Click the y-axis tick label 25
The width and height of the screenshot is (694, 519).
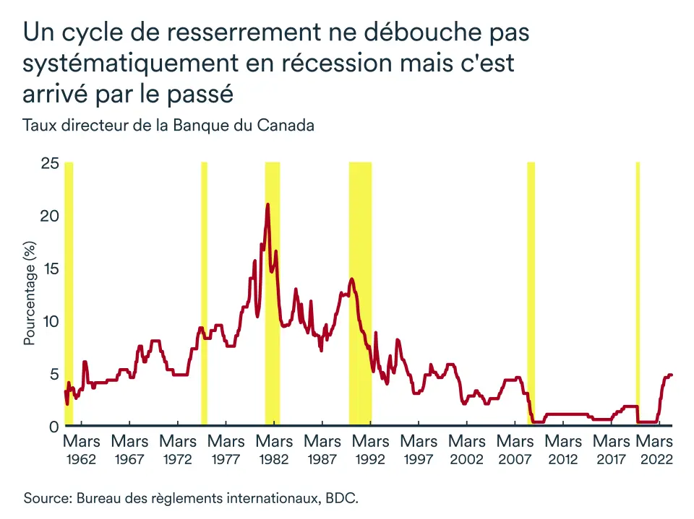(49, 163)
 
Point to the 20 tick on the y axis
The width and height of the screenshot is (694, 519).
(49, 216)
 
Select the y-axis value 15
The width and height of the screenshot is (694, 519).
(49, 269)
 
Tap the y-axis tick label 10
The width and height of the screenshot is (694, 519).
(49, 321)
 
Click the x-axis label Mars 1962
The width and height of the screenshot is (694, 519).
(82, 449)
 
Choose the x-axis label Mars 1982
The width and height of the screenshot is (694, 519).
(275, 449)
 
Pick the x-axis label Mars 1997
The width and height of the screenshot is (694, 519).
(419, 449)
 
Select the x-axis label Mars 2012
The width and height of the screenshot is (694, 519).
(563, 449)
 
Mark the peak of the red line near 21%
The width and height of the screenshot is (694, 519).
(267, 204)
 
